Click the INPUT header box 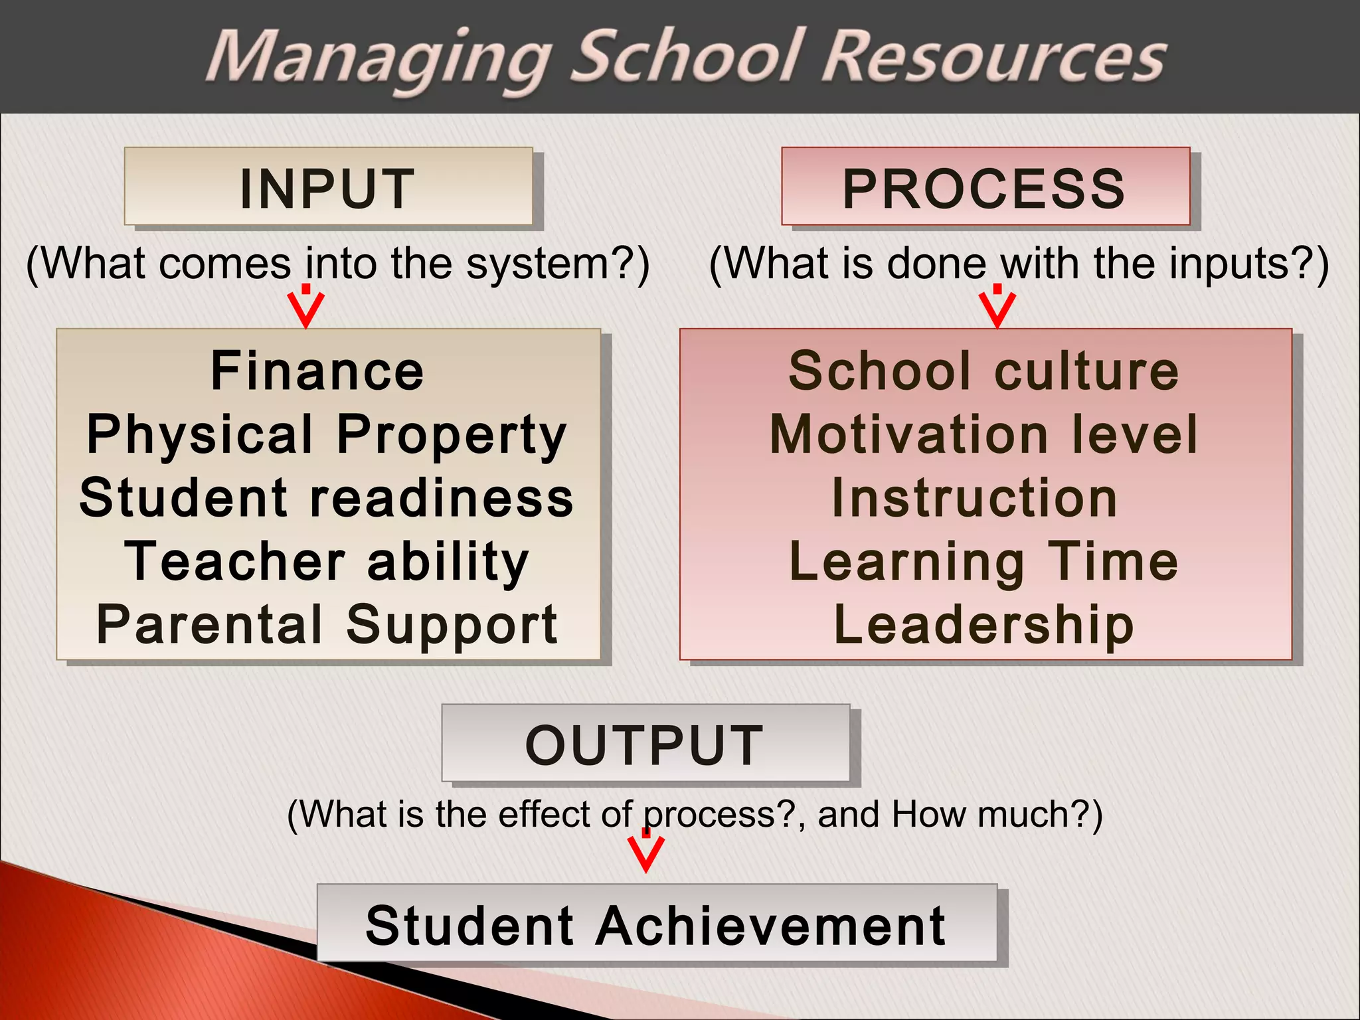click(x=328, y=187)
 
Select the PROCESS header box click(x=985, y=187)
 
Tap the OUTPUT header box click(x=645, y=743)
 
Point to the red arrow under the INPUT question click(x=305, y=307)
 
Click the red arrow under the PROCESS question click(x=997, y=307)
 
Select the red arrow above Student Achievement click(x=645, y=851)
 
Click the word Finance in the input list click(x=317, y=371)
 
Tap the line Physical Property click(x=327, y=434)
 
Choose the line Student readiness click(x=327, y=498)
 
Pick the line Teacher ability click(x=327, y=562)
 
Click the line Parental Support click(x=327, y=624)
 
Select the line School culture click(x=983, y=371)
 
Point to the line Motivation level click(x=984, y=434)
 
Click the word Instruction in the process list click(x=975, y=498)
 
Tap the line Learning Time click(x=984, y=562)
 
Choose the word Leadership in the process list click(x=984, y=624)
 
